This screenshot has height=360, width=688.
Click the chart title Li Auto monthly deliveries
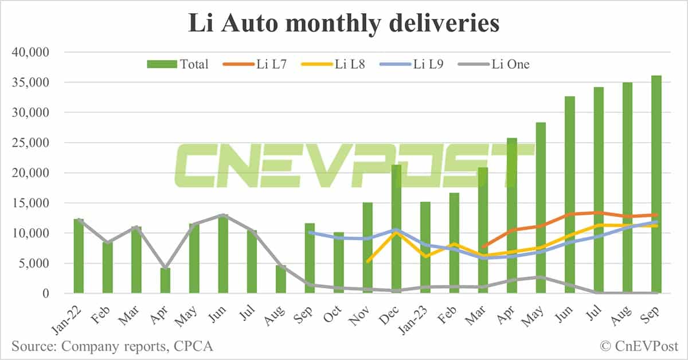[343, 24]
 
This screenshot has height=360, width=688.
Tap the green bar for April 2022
[165, 281]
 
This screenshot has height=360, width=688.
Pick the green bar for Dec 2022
[396, 229]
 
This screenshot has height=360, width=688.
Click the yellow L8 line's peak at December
[396, 233]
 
